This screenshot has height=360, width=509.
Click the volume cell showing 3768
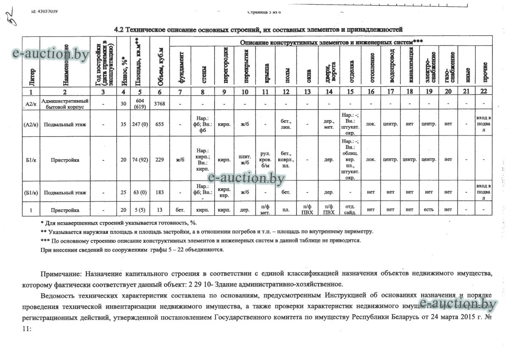[x=159, y=104]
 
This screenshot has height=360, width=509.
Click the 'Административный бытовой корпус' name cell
[x=64, y=104]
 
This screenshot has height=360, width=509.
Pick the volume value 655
[x=159, y=124]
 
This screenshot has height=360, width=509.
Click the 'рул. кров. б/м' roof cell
[x=265, y=160]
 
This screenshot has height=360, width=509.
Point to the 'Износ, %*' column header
[x=123, y=62]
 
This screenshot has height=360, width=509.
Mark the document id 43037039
[x=45, y=11]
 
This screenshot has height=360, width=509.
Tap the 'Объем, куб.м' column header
[x=159, y=62]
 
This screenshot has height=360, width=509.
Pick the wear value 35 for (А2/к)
[x=123, y=124]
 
